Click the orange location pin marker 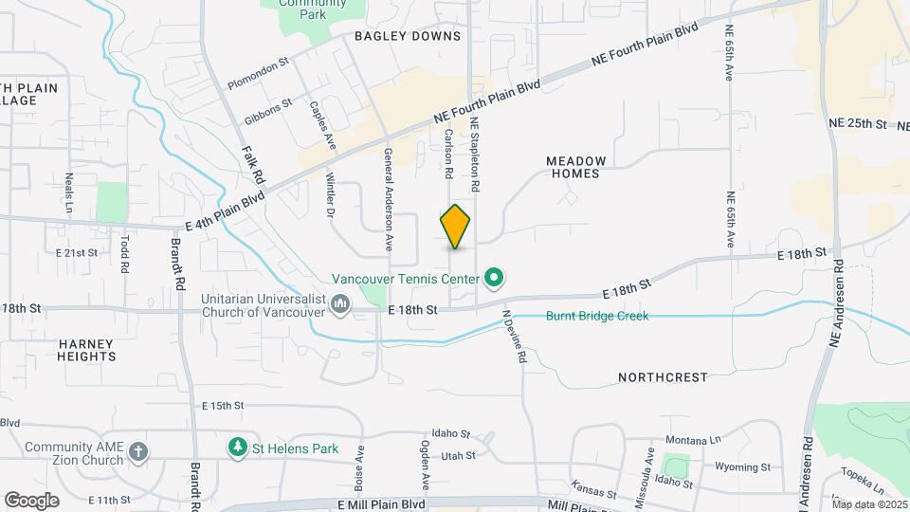(x=456, y=227)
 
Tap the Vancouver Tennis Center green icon (x=493, y=279)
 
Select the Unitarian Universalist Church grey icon (x=341, y=303)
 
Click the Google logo (x=31, y=500)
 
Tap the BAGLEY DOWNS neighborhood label (x=408, y=36)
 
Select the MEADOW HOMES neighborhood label (x=587, y=167)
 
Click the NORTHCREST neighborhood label (x=663, y=377)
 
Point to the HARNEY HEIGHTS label (x=86, y=350)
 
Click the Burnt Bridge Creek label (x=597, y=316)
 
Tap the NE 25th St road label (x=856, y=124)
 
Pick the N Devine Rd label (x=514, y=338)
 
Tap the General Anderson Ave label (x=388, y=199)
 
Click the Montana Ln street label (x=693, y=440)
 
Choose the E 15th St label (x=224, y=406)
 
